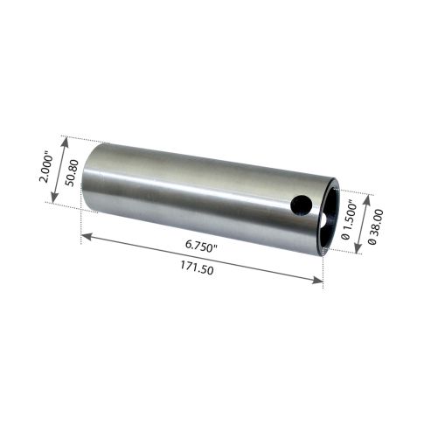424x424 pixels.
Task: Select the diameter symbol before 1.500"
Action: pos(347,240)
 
